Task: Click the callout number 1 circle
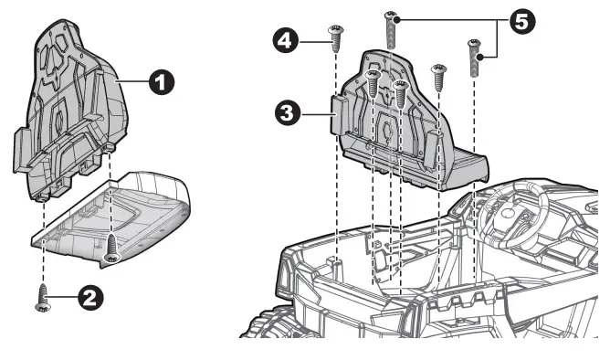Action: click(160, 82)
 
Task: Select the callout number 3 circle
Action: click(289, 112)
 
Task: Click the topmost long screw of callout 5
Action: click(392, 28)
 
